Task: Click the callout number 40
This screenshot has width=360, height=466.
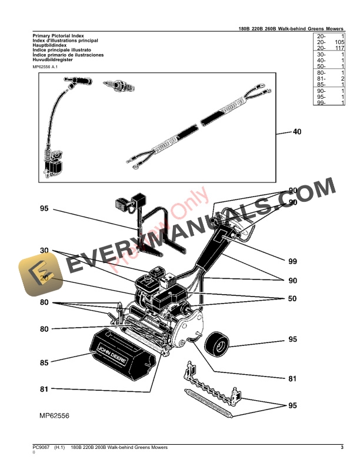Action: pyautogui.click(x=296, y=132)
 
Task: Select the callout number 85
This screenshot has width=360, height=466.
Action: pyautogui.click(x=44, y=363)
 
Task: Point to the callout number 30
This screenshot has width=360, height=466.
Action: pyautogui.click(x=44, y=251)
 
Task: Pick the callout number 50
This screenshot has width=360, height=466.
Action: pyautogui.click(x=292, y=299)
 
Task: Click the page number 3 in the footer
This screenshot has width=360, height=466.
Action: pyautogui.click(x=341, y=448)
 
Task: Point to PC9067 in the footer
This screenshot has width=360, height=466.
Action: pyautogui.click(x=41, y=448)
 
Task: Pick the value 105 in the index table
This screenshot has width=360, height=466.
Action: pyautogui.click(x=338, y=43)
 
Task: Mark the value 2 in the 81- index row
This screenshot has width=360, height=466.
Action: pyautogui.click(x=342, y=78)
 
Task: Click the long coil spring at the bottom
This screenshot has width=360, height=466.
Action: pyautogui.click(x=209, y=402)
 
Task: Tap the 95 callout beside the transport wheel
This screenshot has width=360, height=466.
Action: pyautogui.click(x=292, y=339)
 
